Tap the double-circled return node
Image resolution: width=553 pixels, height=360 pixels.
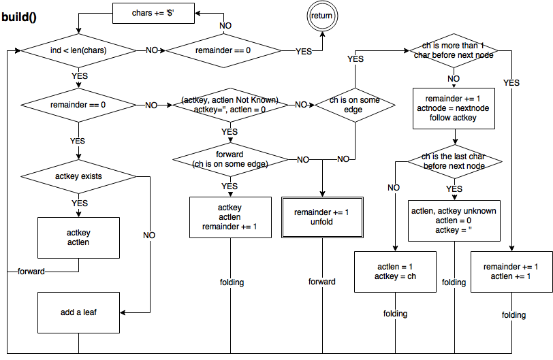click(323, 16)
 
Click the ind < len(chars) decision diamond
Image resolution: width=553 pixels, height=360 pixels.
click(79, 50)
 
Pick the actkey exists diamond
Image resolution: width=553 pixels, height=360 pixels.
click(79, 177)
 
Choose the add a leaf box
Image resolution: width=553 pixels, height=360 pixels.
click(79, 313)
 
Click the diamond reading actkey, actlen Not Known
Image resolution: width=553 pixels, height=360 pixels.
click(230, 105)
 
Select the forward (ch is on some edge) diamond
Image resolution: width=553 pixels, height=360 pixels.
click(230, 159)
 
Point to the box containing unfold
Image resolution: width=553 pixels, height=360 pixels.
click(322, 217)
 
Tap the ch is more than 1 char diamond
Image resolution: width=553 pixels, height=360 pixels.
click(453, 50)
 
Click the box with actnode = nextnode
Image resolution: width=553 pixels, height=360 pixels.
click(453, 108)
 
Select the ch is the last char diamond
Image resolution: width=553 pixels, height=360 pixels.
click(453, 162)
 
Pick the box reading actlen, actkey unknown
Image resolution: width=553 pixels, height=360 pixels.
click(453, 220)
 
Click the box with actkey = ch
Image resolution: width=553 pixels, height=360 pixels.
click(395, 272)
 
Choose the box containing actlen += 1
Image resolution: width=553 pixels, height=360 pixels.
click(511, 272)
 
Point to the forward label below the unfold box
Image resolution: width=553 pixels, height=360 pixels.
click(322, 282)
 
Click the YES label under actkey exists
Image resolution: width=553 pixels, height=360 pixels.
click(80, 203)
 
